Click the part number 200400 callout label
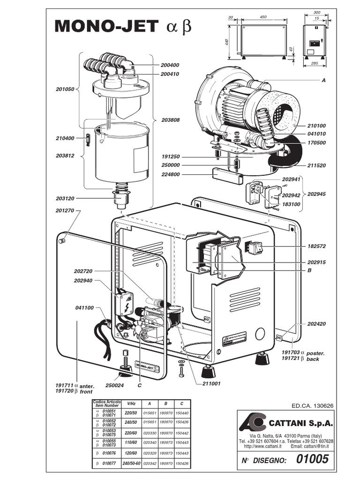pyautogui.click(x=170, y=65)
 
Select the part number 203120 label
pyautogui.click(x=65, y=198)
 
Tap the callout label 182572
pyautogui.click(x=316, y=246)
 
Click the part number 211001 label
pyautogui.click(x=211, y=384)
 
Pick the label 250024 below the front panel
pyautogui.click(x=114, y=385)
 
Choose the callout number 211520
pyautogui.click(x=316, y=165)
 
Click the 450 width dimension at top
pyautogui.click(x=263, y=17)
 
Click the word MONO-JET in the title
pyautogui.click(x=106, y=27)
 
